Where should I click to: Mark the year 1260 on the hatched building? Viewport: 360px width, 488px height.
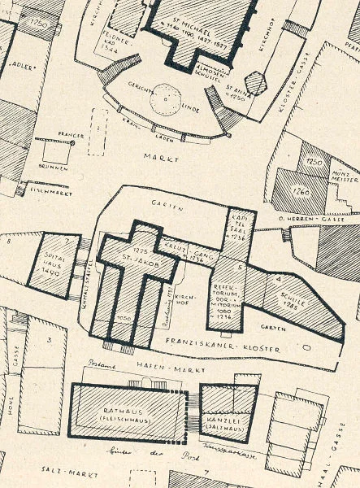299,193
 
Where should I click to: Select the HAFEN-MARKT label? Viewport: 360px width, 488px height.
154,368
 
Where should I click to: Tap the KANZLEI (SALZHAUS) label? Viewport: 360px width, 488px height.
226,411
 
